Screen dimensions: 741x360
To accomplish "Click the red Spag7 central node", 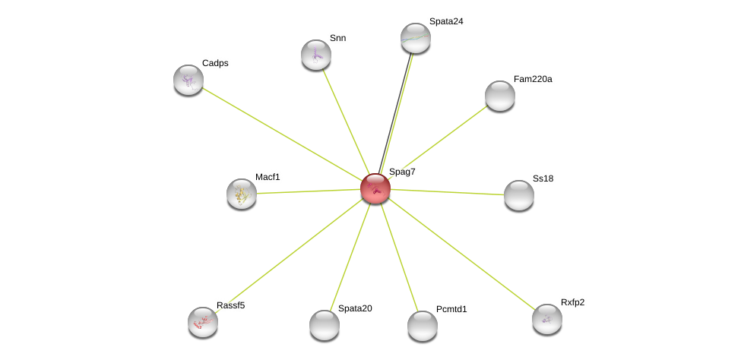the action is coord(375,188).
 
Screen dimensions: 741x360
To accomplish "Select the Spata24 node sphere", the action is coord(416,38).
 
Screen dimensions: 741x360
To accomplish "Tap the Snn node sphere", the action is coord(315,55).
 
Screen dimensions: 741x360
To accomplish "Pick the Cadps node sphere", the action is coord(188,80).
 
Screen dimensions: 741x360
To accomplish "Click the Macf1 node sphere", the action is coord(242,194).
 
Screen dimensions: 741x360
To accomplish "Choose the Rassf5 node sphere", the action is coord(203,322).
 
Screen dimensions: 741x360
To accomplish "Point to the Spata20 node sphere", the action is coord(325,325).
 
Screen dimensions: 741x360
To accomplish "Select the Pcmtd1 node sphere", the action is coord(422,326).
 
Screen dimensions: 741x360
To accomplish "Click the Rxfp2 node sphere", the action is coord(546,320).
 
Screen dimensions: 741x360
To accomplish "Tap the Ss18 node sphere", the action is coord(519,195).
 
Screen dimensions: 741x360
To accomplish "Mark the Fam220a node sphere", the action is coord(499,96).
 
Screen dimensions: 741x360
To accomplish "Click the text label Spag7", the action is coord(402,172).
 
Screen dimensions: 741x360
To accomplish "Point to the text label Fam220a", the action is coord(533,80).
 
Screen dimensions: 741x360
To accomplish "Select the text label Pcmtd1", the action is coord(451,309).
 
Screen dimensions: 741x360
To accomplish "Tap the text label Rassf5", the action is coord(230,305).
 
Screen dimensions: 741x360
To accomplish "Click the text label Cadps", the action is coord(215,63).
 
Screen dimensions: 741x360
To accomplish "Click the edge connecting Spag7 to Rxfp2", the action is coord(461,254).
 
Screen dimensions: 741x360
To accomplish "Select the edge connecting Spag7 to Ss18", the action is coord(447,192).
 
